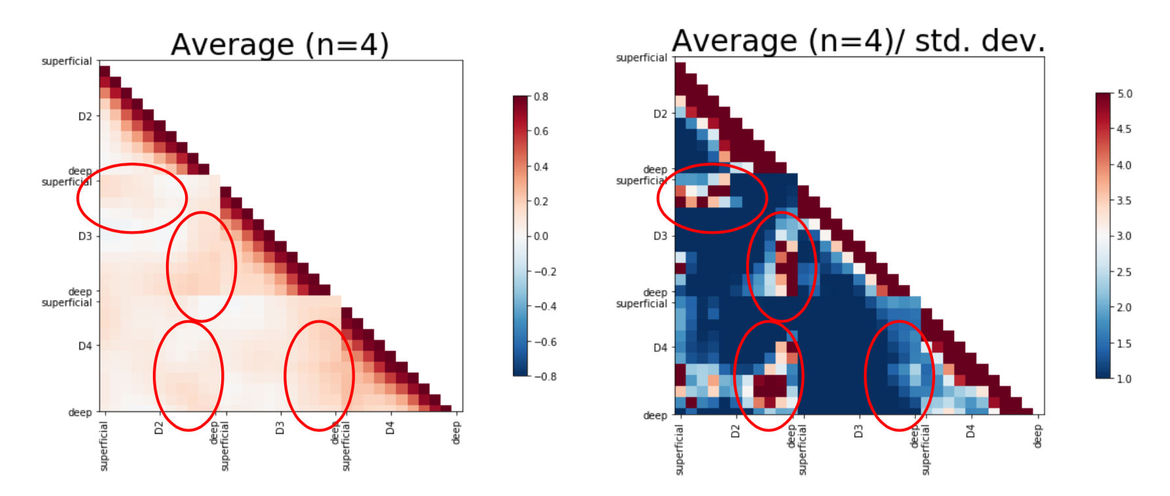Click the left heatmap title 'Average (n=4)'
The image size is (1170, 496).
click(280, 45)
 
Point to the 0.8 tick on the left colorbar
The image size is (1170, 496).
click(541, 96)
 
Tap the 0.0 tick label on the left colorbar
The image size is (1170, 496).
click(541, 236)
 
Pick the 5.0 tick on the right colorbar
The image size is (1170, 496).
click(1124, 94)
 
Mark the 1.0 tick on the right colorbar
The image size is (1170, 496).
click(1124, 379)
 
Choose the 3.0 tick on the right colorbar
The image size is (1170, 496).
click(1124, 236)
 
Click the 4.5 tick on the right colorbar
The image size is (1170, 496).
click(1124, 129)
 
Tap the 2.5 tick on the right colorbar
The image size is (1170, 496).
click(1124, 272)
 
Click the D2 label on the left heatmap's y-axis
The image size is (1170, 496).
click(85, 116)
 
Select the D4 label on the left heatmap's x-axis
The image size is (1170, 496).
click(390, 428)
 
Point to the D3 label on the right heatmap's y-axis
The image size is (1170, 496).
click(660, 236)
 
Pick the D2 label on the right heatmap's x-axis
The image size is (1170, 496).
click(735, 431)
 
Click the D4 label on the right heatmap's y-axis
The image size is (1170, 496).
click(660, 347)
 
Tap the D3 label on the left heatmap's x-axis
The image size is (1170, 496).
click(280, 428)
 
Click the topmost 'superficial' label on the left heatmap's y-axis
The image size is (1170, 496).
click(66, 61)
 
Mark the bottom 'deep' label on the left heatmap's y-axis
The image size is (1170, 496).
click(80, 412)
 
